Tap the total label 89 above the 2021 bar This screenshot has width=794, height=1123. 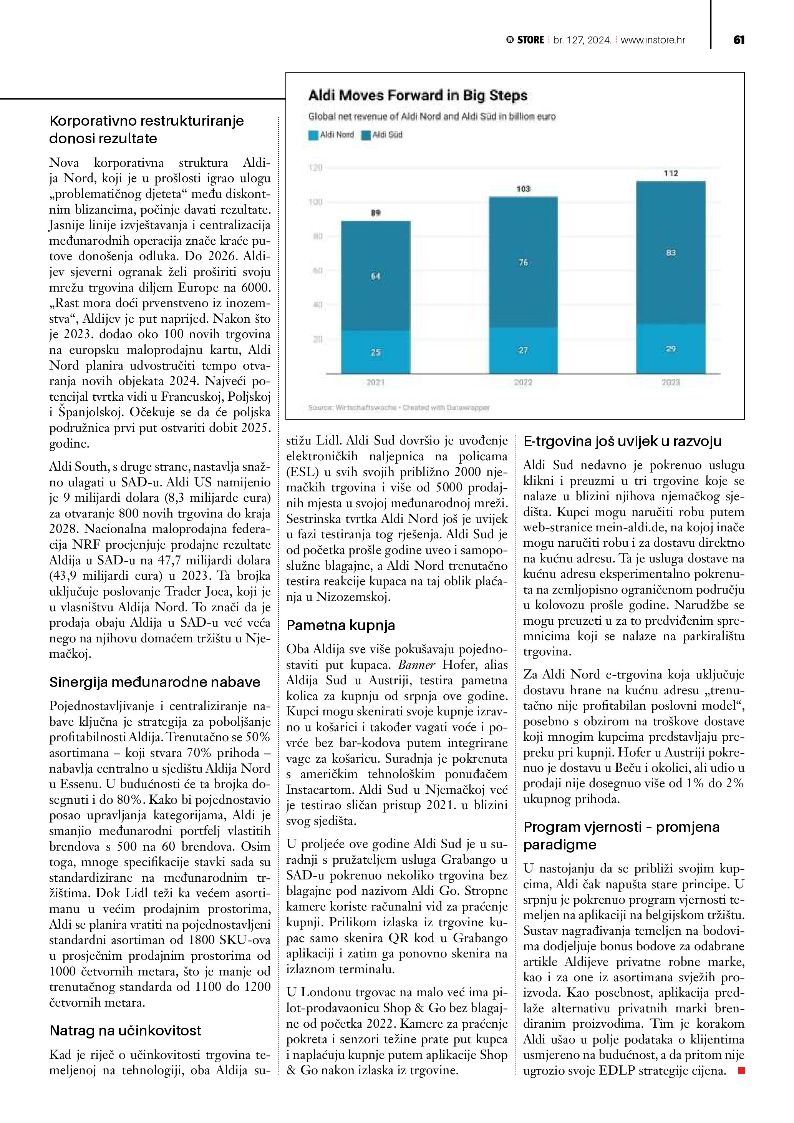coord(375,213)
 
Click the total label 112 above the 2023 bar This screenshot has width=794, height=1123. coord(671,173)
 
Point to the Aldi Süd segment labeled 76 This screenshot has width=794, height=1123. coord(523,263)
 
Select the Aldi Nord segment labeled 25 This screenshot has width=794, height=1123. coord(375,352)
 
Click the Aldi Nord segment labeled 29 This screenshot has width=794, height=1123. coord(671,349)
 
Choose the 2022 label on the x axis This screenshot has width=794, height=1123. coord(523,383)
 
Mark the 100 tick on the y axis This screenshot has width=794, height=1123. coord(316,202)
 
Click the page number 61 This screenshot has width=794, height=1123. coord(739,40)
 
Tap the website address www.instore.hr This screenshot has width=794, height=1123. coord(653,40)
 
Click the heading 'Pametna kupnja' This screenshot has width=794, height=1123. coord(341,625)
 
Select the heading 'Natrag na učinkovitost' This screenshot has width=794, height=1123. coord(125,1030)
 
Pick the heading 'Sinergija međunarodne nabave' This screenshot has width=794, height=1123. coord(154,682)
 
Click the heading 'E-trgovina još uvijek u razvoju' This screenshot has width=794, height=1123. coord(622,441)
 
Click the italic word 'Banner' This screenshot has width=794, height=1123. coord(416,665)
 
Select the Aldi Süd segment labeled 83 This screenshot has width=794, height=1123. coord(671,253)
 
